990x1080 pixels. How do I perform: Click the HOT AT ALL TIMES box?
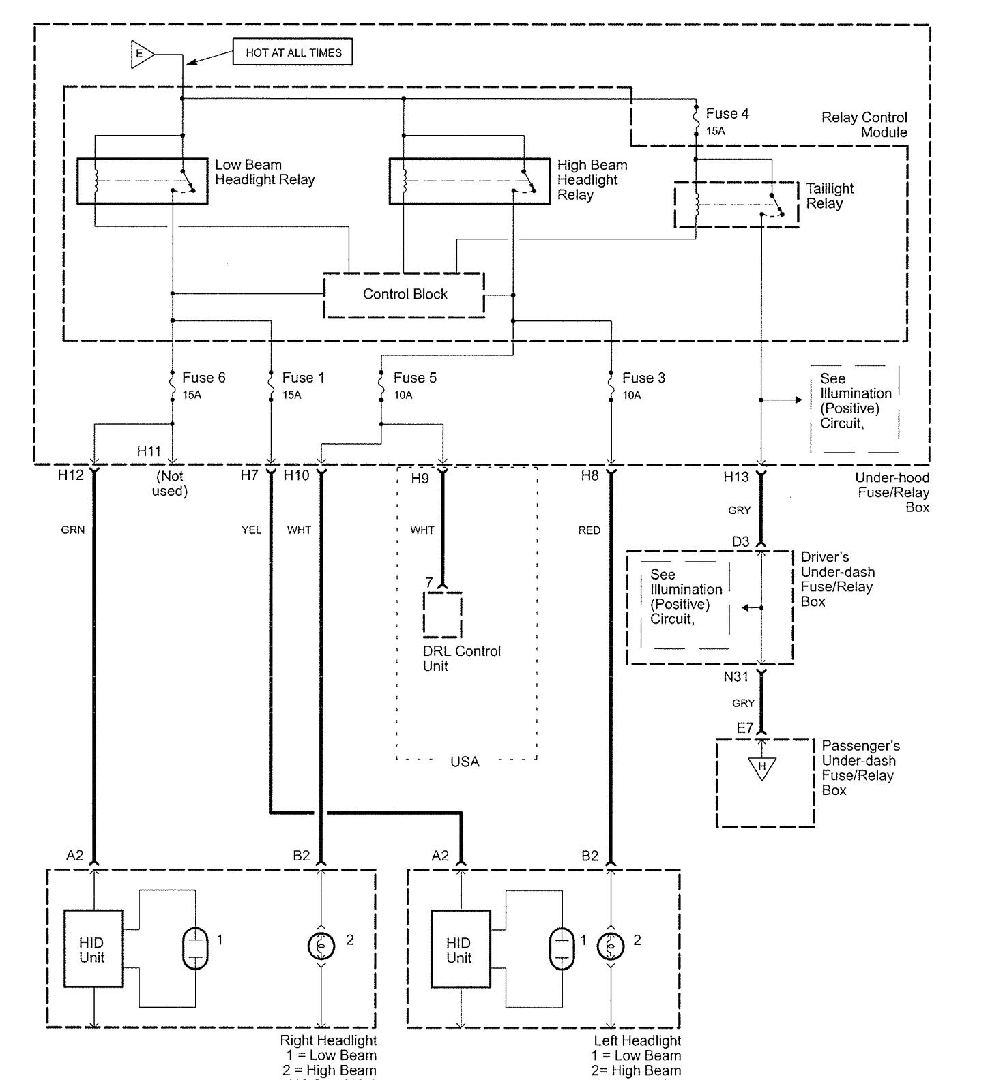click(x=293, y=52)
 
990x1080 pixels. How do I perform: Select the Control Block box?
click(x=404, y=295)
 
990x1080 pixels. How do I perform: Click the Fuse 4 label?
click(x=727, y=114)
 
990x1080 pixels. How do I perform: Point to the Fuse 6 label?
click(x=203, y=378)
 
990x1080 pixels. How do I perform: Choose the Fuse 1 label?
click(x=303, y=378)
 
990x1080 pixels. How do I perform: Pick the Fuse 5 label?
click(x=415, y=378)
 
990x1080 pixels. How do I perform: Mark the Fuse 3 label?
click(x=643, y=378)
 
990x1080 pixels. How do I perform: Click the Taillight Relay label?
click(x=830, y=196)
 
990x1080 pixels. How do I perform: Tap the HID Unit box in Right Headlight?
click(x=93, y=948)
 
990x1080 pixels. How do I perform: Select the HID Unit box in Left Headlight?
click(x=461, y=949)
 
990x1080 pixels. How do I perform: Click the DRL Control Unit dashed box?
click(x=442, y=614)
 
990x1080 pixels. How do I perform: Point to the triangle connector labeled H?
click(x=762, y=768)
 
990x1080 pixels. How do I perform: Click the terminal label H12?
click(x=70, y=475)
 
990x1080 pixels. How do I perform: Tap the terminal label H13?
click(x=736, y=477)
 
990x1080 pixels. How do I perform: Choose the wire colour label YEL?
click(x=251, y=530)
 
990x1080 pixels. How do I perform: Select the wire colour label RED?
click(x=589, y=530)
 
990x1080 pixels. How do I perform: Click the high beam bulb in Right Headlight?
click(x=321, y=945)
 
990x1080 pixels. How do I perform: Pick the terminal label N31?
click(x=736, y=677)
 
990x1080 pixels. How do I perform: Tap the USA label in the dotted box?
click(x=465, y=762)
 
